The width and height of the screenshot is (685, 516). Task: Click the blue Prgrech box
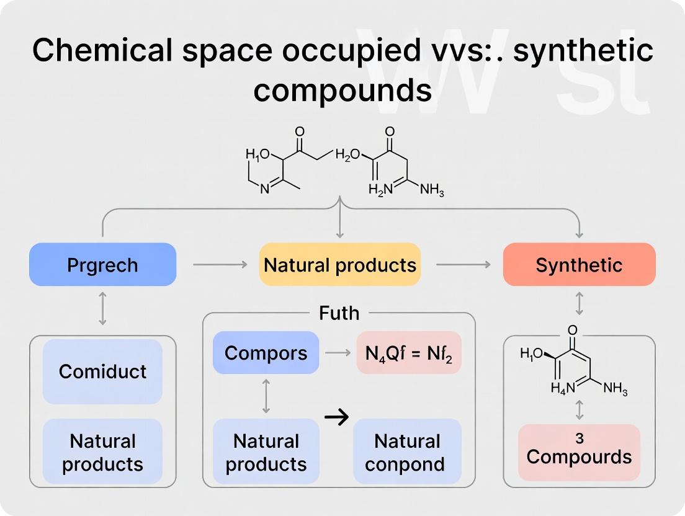click(x=102, y=265)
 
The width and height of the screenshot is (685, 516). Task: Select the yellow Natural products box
click(x=339, y=265)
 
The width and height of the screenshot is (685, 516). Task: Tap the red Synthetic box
click(x=579, y=265)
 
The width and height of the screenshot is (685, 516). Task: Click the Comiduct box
click(x=102, y=371)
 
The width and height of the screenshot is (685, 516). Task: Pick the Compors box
click(x=266, y=353)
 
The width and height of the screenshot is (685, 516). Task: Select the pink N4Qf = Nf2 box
click(x=409, y=353)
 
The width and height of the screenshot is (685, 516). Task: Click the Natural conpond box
click(x=408, y=453)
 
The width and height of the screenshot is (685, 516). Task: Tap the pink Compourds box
click(x=579, y=453)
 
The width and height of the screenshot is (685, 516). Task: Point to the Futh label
click(x=339, y=313)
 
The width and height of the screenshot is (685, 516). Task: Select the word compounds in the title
click(x=342, y=91)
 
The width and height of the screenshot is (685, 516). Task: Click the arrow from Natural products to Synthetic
click(x=462, y=265)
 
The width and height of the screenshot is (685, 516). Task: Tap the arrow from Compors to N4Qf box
click(x=338, y=353)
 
